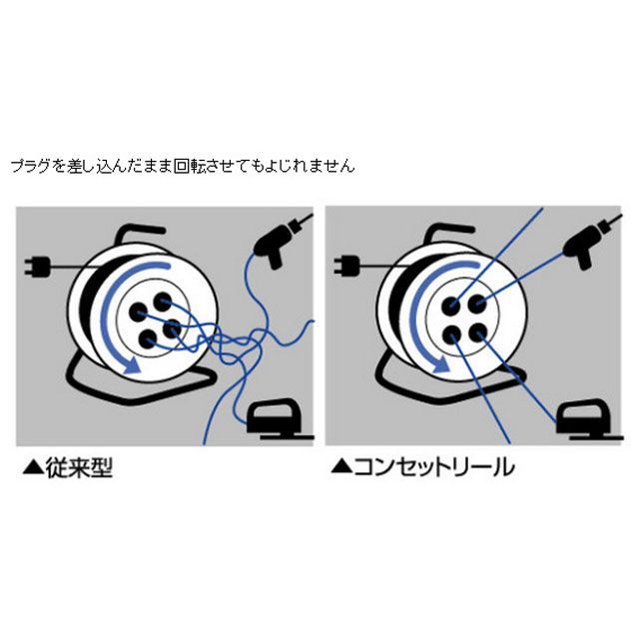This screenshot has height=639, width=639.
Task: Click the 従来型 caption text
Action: coord(79,468)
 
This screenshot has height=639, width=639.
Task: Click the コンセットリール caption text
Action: coord(434,467)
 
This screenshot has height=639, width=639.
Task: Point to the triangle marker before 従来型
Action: coord(33,468)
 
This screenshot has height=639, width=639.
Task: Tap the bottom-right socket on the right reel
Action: coord(478,333)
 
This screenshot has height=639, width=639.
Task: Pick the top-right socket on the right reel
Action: coord(477,304)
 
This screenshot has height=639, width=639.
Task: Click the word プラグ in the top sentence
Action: coord(30,166)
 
